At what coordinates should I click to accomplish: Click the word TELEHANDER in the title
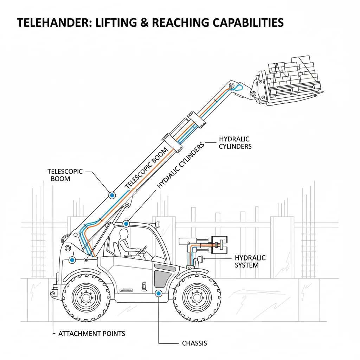point(54,23)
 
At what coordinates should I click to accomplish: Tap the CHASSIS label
point(194,343)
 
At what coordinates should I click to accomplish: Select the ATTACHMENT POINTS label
point(92,334)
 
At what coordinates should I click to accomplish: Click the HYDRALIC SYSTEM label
point(250,262)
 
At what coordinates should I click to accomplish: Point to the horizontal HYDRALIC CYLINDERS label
point(235,143)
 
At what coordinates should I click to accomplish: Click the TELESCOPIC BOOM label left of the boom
point(65,175)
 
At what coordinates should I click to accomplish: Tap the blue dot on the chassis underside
point(159,293)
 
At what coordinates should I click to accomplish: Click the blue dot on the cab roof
point(126,224)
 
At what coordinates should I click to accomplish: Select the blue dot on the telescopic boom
point(112,195)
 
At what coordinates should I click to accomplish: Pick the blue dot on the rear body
point(72,260)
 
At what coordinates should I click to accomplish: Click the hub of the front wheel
point(197,297)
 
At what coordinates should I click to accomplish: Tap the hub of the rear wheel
point(86,297)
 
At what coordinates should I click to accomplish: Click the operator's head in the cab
point(124,234)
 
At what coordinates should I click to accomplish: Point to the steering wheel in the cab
point(143,250)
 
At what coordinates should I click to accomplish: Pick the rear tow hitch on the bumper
point(53,294)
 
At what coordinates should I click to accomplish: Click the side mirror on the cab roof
point(157,224)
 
